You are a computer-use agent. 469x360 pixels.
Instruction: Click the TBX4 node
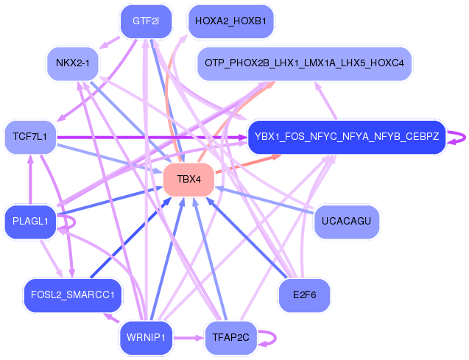point(188,180)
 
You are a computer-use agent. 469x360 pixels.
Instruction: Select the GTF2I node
point(146,21)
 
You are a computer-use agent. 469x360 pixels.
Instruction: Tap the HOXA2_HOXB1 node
point(230,21)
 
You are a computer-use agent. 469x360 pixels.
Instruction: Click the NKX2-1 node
point(73,63)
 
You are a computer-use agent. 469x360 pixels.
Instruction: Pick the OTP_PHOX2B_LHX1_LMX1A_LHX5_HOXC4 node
point(304,63)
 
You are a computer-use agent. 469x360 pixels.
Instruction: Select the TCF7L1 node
point(30,137)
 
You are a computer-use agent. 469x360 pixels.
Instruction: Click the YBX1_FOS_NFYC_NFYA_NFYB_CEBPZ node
point(347,137)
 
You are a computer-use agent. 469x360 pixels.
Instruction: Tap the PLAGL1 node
point(30,222)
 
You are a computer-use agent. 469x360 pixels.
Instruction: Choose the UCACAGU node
point(347,222)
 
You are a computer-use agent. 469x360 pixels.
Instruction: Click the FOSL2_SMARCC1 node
point(73,295)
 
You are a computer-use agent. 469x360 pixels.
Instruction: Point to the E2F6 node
point(304,295)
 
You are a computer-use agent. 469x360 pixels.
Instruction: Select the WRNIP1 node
point(146,338)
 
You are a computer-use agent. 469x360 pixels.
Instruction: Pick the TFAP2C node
point(230,338)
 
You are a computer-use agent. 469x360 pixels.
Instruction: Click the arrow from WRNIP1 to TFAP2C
point(188,338)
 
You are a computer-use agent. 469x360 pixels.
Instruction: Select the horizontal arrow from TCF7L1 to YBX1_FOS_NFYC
point(152,138)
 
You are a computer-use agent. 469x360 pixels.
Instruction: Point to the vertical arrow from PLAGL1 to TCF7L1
point(30,180)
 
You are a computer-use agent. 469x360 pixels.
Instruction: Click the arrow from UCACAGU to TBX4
point(264,200)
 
